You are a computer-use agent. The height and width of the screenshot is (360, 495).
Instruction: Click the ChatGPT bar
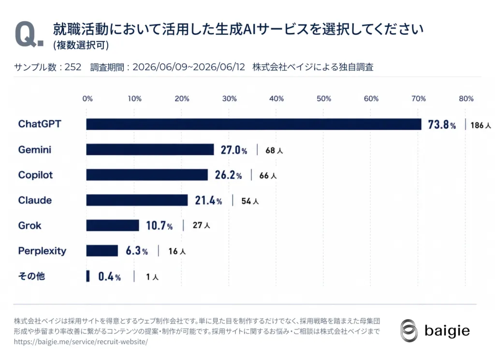pyautogui.click(x=254, y=124)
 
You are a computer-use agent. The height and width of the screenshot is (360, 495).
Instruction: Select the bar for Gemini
pyautogui.click(x=150, y=150)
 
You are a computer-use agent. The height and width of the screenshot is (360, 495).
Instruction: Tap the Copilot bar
pyautogui.click(x=147, y=175)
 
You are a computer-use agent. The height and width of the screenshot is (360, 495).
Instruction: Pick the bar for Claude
pyautogui.click(x=137, y=200)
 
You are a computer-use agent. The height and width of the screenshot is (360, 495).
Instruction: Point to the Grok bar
pyautogui.click(x=113, y=225)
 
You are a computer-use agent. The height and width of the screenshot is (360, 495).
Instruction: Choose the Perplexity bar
pyautogui.click(x=102, y=251)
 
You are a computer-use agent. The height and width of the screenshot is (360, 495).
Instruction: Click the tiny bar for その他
pyautogui.click(x=88, y=276)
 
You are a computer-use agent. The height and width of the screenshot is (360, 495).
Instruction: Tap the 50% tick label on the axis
pyautogui.click(x=324, y=99)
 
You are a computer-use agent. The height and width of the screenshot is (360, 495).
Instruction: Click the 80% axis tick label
pyautogui.click(x=466, y=99)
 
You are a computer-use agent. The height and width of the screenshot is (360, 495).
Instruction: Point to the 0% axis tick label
pyautogui.click(x=87, y=99)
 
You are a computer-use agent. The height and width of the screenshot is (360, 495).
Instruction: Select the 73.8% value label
pyautogui.click(x=442, y=124)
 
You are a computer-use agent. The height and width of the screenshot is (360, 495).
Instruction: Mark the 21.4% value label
pyautogui.click(x=208, y=200)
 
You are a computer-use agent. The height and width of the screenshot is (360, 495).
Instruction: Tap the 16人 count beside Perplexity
pyautogui.click(x=177, y=251)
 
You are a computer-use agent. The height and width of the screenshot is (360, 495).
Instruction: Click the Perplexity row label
pyautogui.click(x=43, y=251)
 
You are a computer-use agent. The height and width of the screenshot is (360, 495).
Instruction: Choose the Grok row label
pyautogui.click(x=29, y=225)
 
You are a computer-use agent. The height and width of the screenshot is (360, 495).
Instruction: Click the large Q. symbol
pyautogui.click(x=29, y=35)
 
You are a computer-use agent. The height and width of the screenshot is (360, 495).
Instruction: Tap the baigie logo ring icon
pyautogui.click(x=409, y=330)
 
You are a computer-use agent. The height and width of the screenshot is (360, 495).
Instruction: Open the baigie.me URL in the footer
pyautogui.click(x=81, y=342)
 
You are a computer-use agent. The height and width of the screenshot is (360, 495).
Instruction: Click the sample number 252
pyautogui.click(x=73, y=67)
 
